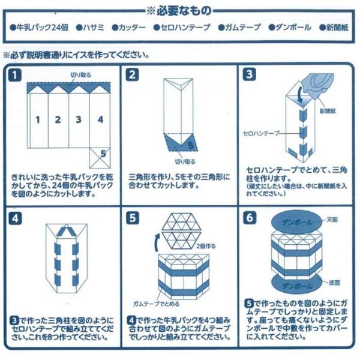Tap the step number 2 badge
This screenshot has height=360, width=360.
point(133,76)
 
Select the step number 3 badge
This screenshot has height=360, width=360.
point(250,76)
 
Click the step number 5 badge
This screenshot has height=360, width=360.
point(133,218)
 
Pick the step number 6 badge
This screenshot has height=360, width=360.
point(250,218)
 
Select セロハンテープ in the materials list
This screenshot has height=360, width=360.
point(185,28)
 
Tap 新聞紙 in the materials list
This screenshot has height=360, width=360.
point(337,28)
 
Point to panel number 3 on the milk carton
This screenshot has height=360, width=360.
point(79,119)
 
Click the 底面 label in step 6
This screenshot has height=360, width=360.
point(334,282)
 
